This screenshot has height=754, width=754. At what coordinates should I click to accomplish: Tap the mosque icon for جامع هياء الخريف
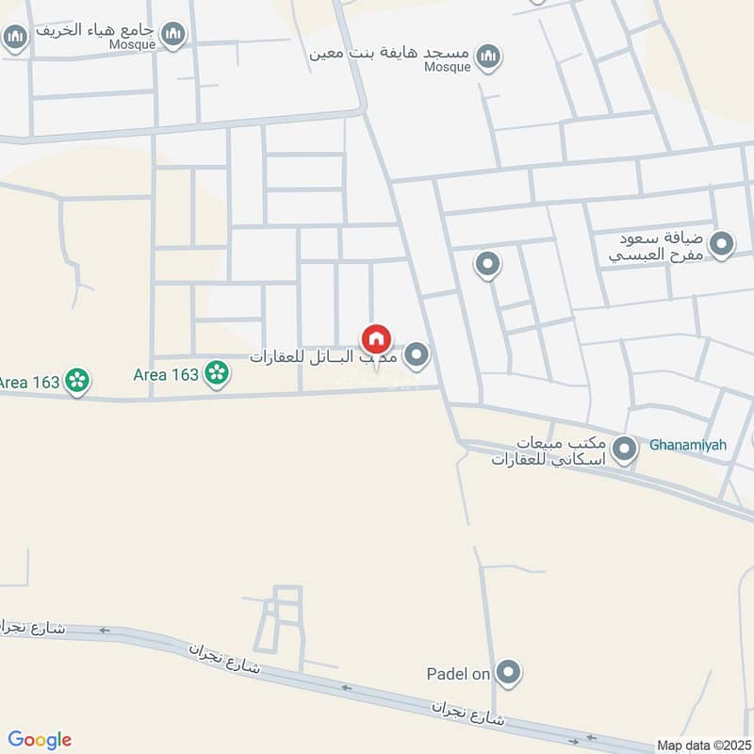(x=173, y=36)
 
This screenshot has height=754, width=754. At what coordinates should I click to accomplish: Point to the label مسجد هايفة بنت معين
(x=390, y=52)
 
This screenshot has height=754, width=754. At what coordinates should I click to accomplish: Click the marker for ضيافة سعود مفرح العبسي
(x=722, y=245)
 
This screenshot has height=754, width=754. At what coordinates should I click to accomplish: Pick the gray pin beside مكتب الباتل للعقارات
(x=417, y=355)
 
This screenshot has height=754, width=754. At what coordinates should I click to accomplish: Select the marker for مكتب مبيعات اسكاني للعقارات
(x=624, y=450)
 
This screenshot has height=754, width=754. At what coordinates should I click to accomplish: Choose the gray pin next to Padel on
(x=509, y=673)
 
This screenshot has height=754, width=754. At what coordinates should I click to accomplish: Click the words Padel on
(x=459, y=674)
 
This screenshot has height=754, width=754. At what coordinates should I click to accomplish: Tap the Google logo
(x=40, y=740)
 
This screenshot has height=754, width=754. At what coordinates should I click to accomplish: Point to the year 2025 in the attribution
(x=734, y=745)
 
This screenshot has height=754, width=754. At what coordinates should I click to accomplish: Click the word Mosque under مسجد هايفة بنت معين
(x=446, y=68)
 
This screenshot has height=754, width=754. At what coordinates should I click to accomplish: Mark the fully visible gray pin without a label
(x=487, y=266)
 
